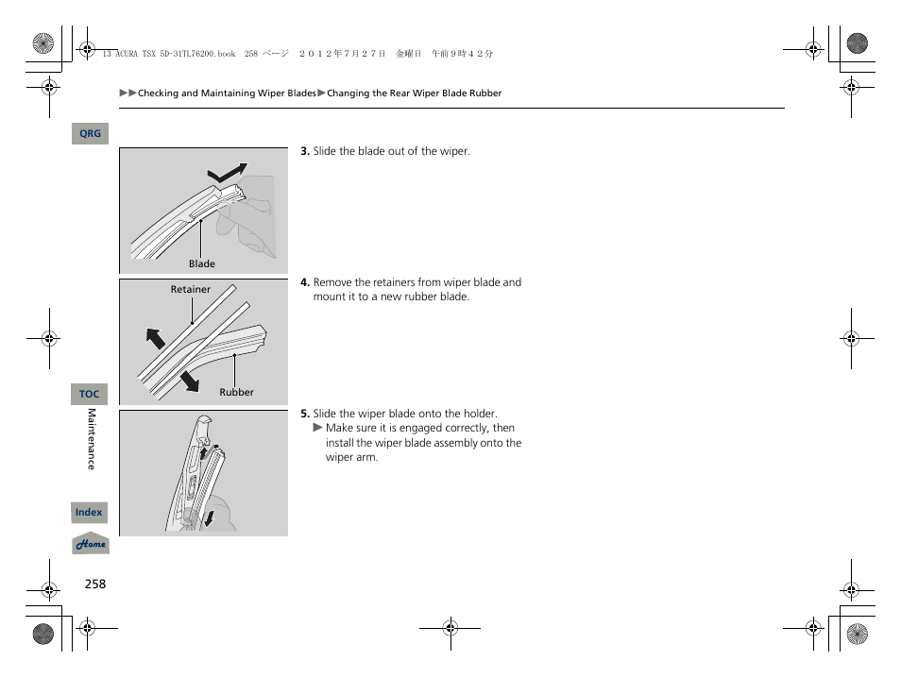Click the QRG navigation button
(90, 134)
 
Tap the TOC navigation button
(90, 394)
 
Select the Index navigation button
(90, 513)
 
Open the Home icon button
(91, 545)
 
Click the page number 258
(94, 584)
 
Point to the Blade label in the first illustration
(201, 264)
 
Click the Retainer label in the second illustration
(190, 290)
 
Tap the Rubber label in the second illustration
(236, 392)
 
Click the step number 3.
(305, 151)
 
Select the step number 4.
(305, 282)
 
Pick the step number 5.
(305, 414)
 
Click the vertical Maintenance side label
(92, 439)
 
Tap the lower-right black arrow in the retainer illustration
(190, 380)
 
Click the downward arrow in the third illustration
(209, 516)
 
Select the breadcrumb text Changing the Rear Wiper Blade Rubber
(414, 93)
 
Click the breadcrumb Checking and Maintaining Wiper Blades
(227, 93)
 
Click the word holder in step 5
(479, 414)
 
